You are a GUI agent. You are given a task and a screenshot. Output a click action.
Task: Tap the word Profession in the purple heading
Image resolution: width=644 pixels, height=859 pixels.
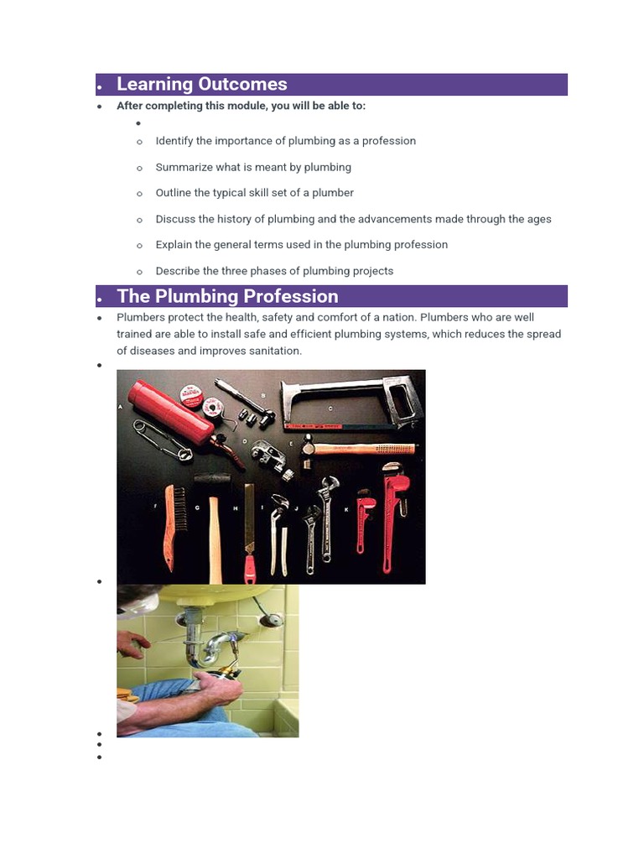click(x=291, y=296)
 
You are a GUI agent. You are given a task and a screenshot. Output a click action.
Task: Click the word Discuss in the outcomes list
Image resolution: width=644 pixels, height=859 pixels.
click(x=176, y=219)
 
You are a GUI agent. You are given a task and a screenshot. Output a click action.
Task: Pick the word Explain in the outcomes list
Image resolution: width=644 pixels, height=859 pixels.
click(x=174, y=245)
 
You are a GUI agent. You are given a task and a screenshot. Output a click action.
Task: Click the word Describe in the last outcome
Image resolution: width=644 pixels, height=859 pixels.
click(x=179, y=271)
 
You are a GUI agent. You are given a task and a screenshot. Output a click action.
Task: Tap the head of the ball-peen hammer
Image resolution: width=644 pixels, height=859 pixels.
click(x=309, y=445)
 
